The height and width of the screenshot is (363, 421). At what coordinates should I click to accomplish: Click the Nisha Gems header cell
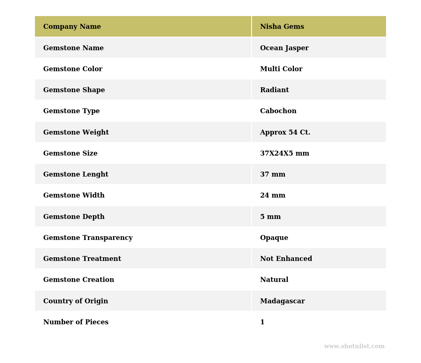(x=282, y=27)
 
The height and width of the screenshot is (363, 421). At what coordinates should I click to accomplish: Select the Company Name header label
(x=72, y=27)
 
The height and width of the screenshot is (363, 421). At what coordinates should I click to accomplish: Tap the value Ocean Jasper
(x=284, y=48)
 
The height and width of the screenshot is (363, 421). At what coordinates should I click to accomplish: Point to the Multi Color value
(x=281, y=69)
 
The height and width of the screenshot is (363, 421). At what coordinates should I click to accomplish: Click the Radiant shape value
(x=274, y=90)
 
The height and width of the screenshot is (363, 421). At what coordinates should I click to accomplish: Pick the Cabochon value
(x=278, y=111)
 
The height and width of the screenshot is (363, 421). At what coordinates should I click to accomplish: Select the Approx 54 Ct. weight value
(x=285, y=133)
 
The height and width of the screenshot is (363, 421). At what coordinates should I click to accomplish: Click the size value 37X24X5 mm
(x=285, y=154)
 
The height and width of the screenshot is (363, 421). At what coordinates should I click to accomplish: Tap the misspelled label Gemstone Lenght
(x=76, y=175)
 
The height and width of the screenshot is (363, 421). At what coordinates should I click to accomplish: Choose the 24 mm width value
(x=273, y=195)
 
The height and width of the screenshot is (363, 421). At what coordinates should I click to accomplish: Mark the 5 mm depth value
(x=270, y=217)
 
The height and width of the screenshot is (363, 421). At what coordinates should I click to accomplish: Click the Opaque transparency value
(x=274, y=238)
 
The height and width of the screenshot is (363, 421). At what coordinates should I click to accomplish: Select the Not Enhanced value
(x=286, y=259)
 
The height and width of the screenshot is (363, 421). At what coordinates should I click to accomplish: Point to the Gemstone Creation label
(x=79, y=280)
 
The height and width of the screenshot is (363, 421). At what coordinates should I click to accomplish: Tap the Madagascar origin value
(x=282, y=301)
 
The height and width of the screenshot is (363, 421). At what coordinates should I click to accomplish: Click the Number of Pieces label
(x=76, y=322)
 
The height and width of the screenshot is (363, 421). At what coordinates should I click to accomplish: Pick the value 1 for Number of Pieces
(x=262, y=322)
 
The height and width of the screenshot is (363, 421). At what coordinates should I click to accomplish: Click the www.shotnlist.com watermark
(x=354, y=347)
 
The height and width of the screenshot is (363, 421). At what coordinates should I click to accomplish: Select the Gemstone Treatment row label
(x=82, y=259)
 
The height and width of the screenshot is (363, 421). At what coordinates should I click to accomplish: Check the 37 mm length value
(x=273, y=175)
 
